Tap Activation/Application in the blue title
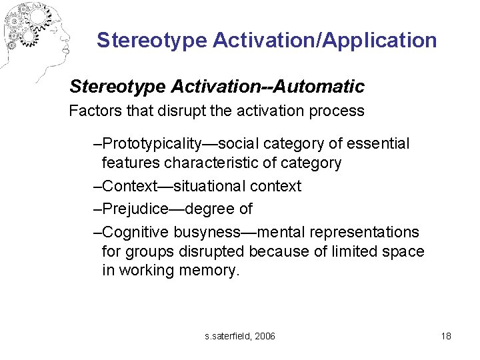(x=325, y=41)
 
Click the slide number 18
(x=446, y=336)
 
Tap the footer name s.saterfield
(x=227, y=336)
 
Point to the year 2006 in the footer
(x=265, y=336)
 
